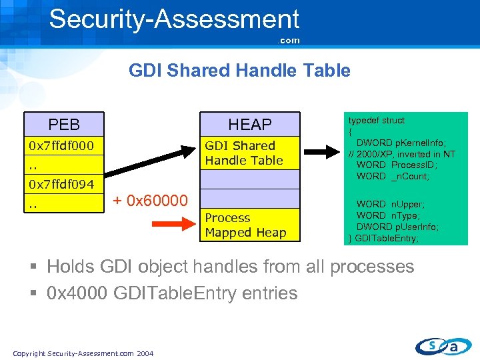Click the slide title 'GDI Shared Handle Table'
(239, 71)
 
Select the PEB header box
(64, 125)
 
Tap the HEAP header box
(250, 125)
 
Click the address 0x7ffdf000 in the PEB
(61, 145)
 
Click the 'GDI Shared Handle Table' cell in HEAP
(244, 153)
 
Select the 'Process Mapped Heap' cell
(245, 225)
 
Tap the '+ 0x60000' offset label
(149, 199)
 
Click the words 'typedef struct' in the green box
(376, 121)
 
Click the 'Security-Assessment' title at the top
(174, 19)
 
